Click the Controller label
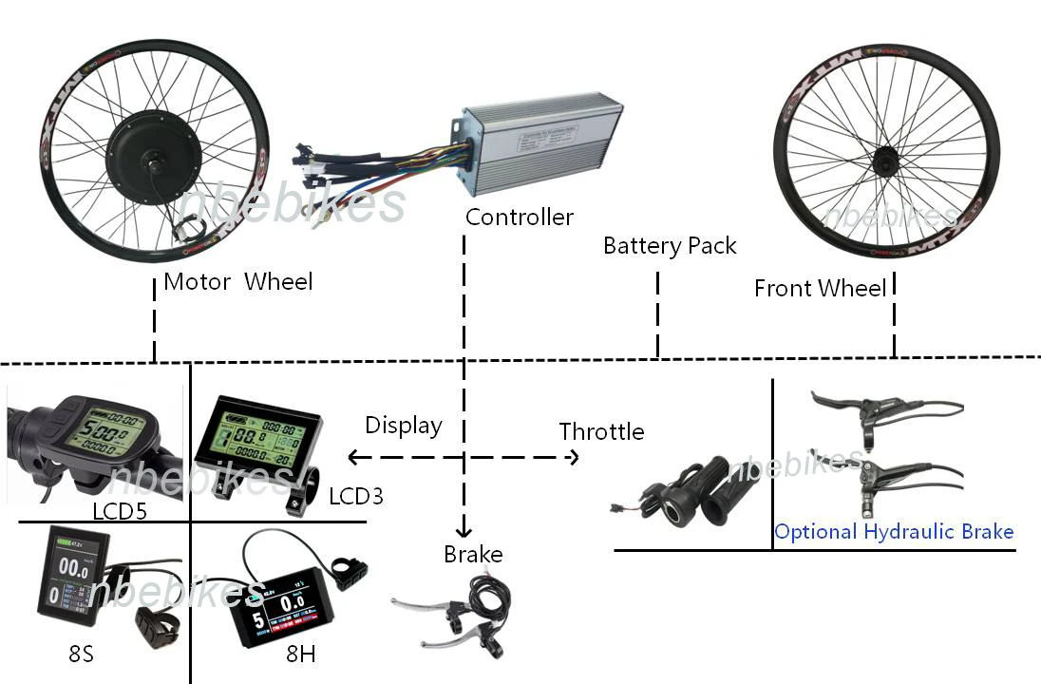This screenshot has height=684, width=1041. point(520,218)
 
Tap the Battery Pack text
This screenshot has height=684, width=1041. point(670,247)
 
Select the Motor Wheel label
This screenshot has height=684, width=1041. point(237,282)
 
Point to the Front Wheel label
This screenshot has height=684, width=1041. point(820,288)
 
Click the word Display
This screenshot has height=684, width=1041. point(403,427)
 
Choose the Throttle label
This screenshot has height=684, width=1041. point(601,432)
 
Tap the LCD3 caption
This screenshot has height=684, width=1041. point(356,496)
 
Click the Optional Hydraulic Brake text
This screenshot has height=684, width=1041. point(894,532)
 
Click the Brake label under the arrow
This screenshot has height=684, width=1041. point(473,555)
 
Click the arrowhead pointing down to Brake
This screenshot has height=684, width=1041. point(464,531)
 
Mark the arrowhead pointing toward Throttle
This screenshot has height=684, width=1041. point(572,458)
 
